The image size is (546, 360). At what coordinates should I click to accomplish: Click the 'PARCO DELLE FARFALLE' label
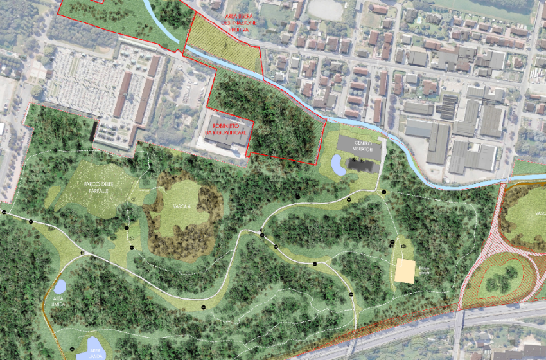point(100,188)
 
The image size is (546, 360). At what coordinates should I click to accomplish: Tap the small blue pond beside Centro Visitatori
point(337,166)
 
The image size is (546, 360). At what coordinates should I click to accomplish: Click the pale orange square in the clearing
point(405,271)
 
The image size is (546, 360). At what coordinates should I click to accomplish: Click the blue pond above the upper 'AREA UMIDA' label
point(60,286)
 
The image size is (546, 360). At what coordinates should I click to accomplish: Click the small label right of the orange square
point(423,271)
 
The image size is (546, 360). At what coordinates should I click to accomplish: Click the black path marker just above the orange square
point(392,243)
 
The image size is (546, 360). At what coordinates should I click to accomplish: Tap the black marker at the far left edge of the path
point(4,212)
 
